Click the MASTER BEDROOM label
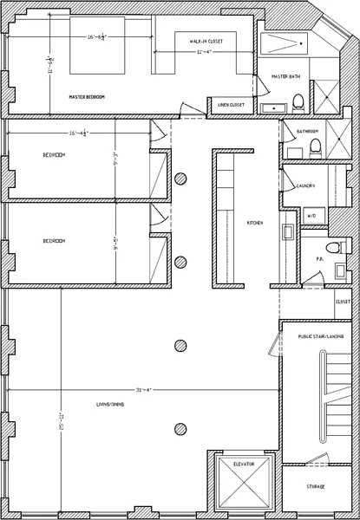87,97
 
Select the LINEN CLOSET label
231,105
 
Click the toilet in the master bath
297,102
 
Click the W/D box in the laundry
311,215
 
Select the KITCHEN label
255,223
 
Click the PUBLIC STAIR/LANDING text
320,335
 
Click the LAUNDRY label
305,185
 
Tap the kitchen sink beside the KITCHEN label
286,231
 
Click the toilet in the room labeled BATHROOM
317,145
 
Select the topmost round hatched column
180,179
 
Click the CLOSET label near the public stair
343,302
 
